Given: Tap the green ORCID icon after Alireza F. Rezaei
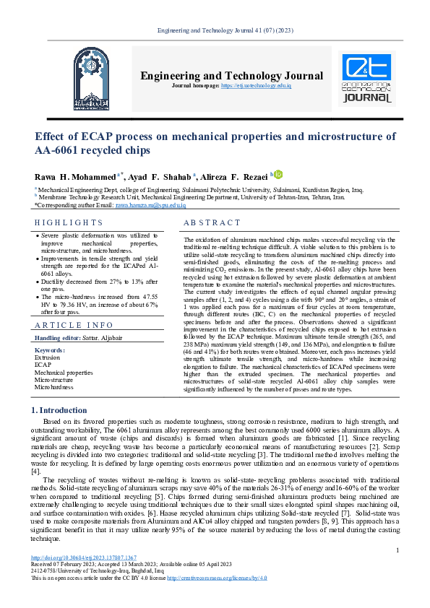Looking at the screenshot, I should click(x=279, y=174).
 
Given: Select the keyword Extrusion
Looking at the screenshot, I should click(x=48, y=357).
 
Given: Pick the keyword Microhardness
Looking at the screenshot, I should click(x=54, y=387).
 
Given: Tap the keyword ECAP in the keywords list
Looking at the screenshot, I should click(x=43, y=365).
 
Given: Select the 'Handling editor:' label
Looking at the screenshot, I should click(x=61, y=338).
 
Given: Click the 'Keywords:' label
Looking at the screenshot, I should click(x=50, y=350).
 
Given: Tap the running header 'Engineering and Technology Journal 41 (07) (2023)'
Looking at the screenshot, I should click(x=215, y=30).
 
